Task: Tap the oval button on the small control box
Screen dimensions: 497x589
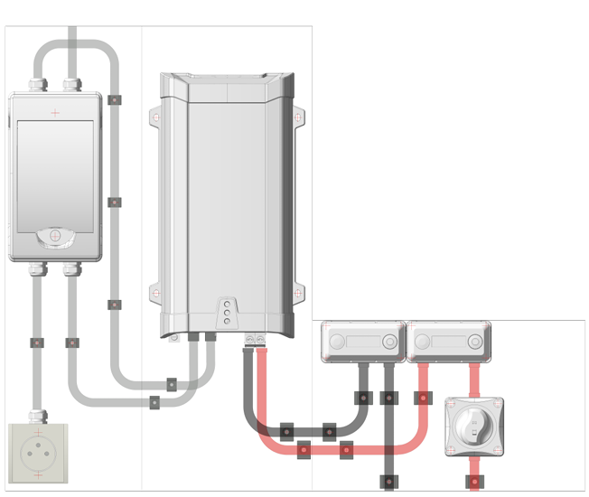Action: click(54, 237)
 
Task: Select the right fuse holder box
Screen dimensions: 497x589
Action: click(448, 342)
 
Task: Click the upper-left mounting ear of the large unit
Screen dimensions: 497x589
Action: click(156, 117)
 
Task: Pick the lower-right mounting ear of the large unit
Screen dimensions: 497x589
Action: click(298, 293)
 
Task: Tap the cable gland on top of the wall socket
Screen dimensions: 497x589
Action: click(37, 417)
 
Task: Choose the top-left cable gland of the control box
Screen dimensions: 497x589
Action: click(37, 85)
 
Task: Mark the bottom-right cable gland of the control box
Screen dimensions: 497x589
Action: click(71, 268)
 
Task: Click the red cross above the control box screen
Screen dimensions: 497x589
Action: click(55, 113)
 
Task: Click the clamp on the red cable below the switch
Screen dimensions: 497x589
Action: click(474, 482)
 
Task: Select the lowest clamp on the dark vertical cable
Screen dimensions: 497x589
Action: click(388, 481)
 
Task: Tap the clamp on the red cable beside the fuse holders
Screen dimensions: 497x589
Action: click(421, 398)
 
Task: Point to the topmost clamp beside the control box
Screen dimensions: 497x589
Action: click(114, 99)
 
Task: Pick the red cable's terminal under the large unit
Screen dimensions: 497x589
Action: click(261, 338)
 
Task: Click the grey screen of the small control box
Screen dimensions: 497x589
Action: click(55, 172)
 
